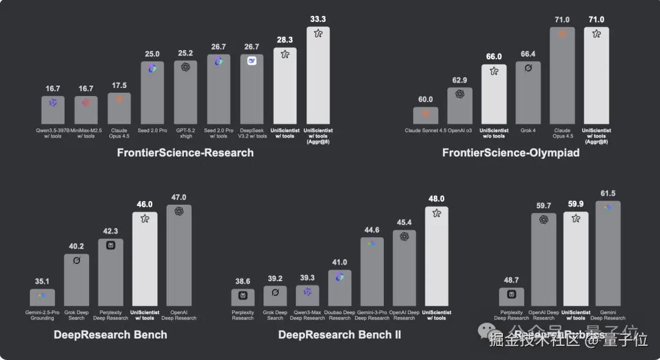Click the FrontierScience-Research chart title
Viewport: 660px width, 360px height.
(x=185, y=153)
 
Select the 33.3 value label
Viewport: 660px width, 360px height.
(x=318, y=19)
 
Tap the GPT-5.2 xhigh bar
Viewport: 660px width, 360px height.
(x=185, y=92)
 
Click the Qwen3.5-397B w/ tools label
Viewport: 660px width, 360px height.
(x=53, y=133)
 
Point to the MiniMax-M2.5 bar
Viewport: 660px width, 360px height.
(x=86, y=110)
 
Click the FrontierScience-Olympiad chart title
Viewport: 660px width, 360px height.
(x=511, y=153)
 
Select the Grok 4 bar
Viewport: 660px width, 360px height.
(x=528, y=92)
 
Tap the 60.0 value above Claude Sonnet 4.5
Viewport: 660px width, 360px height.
(x=425, y=100)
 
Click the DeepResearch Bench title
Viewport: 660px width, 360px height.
(x=111, y=334)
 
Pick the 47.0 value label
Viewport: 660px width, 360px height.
(x=179, y=197)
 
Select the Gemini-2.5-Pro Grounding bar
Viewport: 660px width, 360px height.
(x=42, y=298)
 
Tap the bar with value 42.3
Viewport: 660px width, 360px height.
(x=111, y=272)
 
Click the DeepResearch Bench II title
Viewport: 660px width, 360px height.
(x=340, y=334)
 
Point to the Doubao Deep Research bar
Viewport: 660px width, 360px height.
(x=340, y=288)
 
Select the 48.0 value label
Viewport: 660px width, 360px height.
(x=436, y=199)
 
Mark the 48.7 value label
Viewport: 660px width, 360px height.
(x=512, y=280)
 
